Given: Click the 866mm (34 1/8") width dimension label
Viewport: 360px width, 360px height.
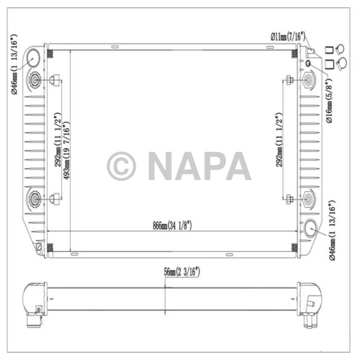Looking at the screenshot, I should pyautogui.click(x=172, y=225).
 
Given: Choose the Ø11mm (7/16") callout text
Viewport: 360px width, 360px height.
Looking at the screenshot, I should pyautogui.click(x=288, y=36).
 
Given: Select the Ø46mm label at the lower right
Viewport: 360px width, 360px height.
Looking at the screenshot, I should pyautogui.click(x=331, y=231).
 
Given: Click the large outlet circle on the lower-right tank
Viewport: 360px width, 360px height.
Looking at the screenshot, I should pyautogui.click(x=312, y=229).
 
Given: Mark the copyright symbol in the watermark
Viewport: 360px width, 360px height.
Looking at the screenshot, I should pyautogui.click(x=121, y=166).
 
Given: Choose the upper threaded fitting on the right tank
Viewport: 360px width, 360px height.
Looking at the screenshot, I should pyautogui.click(x=309, y=80).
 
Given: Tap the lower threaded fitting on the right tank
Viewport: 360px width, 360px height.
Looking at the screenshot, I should pyautogui.click(x=309, y=199).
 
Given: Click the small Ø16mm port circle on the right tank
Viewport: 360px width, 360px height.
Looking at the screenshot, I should pyautogui.click(x=308, y=63).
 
